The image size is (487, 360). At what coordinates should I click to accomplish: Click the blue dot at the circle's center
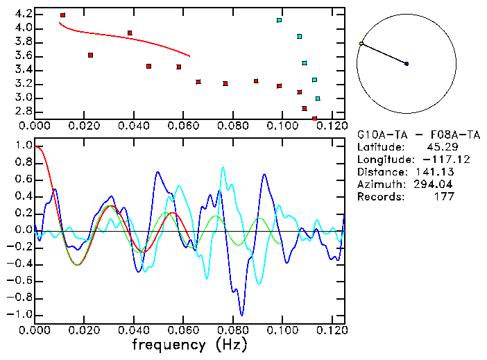click(407, 64)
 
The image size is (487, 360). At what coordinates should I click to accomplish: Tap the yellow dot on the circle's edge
click(361, 44)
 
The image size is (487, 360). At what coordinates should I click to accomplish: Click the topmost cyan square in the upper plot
click(279, 20)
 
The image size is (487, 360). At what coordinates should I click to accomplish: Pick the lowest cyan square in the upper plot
click(318, 98)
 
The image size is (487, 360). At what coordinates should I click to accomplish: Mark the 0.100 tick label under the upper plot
click(282, 126)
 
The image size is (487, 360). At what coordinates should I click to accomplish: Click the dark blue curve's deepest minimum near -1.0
click(241, 314)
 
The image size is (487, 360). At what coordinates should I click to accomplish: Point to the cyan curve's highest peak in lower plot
click(223, 167)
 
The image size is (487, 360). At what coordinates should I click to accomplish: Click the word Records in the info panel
click(379, 196)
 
